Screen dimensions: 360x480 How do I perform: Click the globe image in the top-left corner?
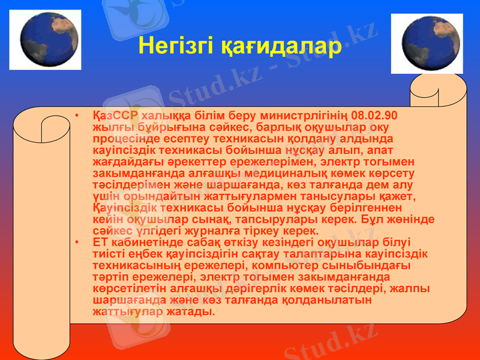click(45, 40)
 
